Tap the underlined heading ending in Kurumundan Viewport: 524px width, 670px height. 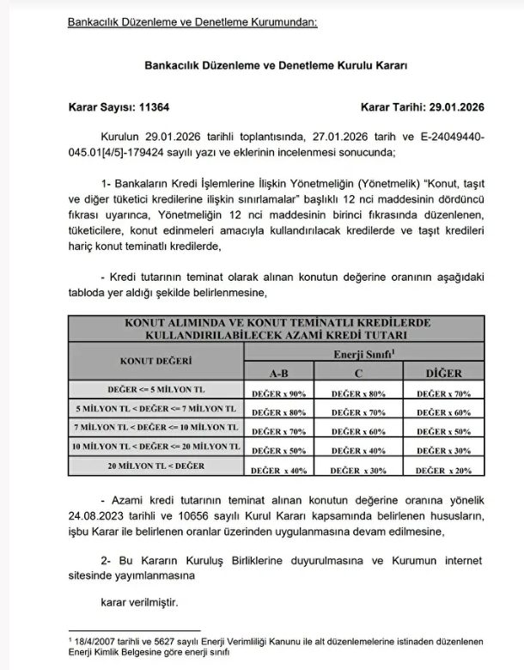click(192, 21)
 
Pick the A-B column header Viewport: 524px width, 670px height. click(278, 374)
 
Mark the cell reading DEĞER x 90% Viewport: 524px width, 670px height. click(278, 393)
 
